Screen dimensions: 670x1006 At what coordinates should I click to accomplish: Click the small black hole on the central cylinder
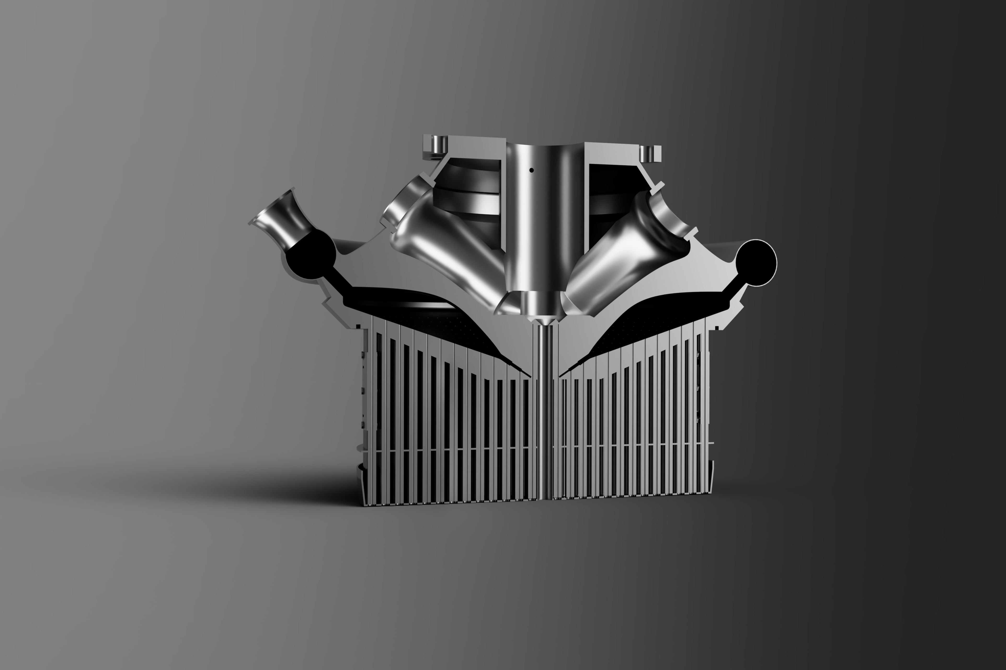point(531,170)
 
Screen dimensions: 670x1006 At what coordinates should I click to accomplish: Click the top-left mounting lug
point(437,146)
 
